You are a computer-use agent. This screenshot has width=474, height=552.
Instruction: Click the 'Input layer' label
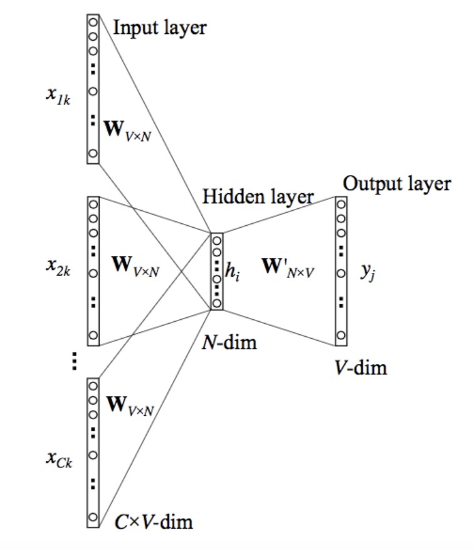click(x=160, y=27)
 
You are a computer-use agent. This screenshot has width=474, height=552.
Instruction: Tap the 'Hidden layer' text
click(x=258, y=196)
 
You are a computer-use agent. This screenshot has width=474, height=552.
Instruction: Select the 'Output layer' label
click(x=396, y=183)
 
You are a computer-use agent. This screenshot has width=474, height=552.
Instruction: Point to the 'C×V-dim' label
click(x=154, y=521)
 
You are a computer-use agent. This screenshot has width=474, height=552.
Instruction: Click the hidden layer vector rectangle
click(x=217, y=271)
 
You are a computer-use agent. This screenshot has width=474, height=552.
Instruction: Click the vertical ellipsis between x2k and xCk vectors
click(x=74, y=361)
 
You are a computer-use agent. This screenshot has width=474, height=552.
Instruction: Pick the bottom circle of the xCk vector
click(x=92, y=517)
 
